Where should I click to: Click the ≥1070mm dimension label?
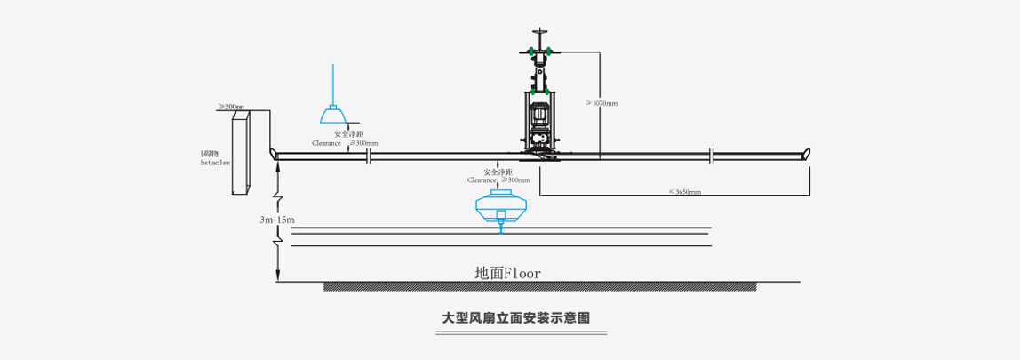pos(602,103)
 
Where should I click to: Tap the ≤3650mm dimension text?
pos(684,191)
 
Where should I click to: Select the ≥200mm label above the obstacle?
pos(231,107)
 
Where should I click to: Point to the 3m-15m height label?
pos(277,219)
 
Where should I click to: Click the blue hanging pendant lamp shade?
pos(333,116)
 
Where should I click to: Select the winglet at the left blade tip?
pos(275,156)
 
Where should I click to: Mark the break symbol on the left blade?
pos(369,157)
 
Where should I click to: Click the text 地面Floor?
pos(507,273)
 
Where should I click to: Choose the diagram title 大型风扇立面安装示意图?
pos(516,316)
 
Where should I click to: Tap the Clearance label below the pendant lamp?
pos(327,142)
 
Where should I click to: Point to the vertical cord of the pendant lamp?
pos(333,84)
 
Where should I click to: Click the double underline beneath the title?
pos(520,334)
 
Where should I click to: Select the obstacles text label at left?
pos(216,163)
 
